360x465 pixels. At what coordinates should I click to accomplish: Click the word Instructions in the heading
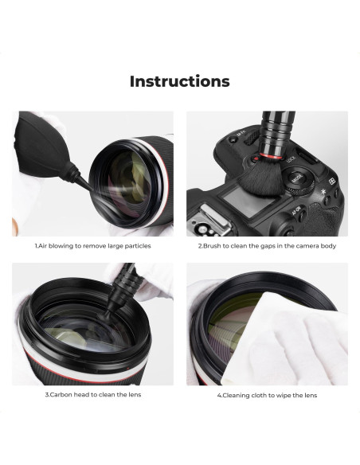pos(179,81)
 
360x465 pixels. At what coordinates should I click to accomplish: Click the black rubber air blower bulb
pos(39,143)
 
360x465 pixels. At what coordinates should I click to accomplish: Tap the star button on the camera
pos(324,194)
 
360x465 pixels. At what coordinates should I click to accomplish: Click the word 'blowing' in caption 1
pos(65,246)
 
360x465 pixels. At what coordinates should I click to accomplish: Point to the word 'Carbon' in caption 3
pos(61,394)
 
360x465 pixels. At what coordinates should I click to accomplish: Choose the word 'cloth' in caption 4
pos(260,394)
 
